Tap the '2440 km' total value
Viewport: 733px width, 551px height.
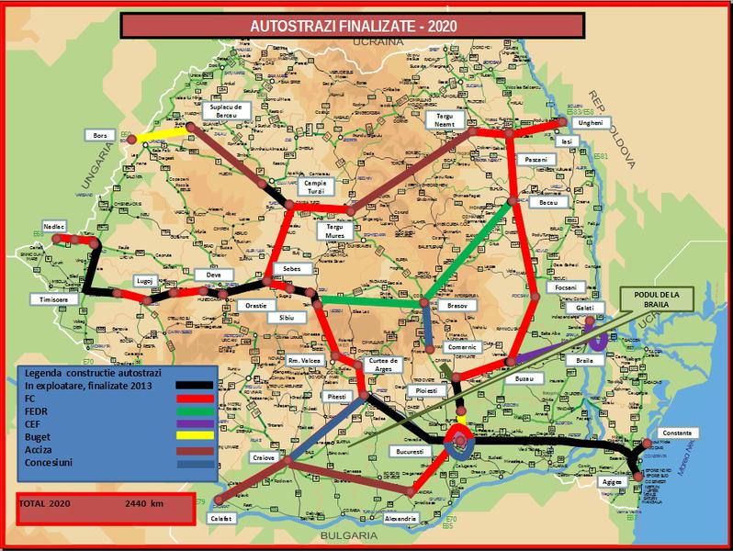point(144,504)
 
